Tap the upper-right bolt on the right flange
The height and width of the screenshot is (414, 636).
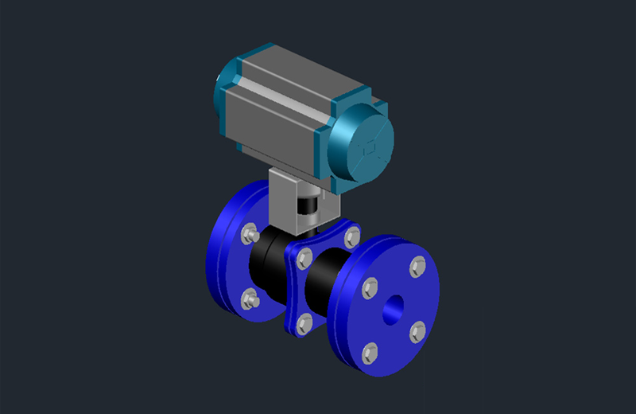pyautogui.click(x=416, y=267)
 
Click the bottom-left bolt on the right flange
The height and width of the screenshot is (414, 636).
pyautogui.click(x=370, y=351)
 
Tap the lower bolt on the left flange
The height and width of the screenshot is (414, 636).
pyautogui.click(x=250, y=299)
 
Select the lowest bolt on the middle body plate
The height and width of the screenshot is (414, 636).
pyautogui.click(x=303, y=322)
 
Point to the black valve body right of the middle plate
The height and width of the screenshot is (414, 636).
pyautogui.click(x=326, y=283)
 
